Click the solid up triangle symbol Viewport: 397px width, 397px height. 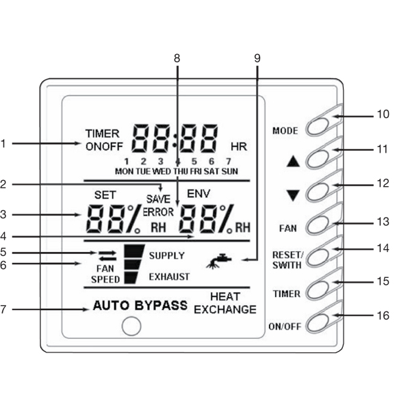click(x=293, y=162)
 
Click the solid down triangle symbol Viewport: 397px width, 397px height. click(x=293, y=195)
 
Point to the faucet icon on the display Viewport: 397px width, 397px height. click(x=219, y=261)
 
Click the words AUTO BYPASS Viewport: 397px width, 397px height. click(x=140, y=305)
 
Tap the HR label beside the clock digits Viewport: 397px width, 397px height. click(x=238, y=146)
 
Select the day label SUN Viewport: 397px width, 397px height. click(x=229, y=171)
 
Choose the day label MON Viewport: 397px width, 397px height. click(x=124, y=171)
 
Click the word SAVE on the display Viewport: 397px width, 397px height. click(x=158, y=199)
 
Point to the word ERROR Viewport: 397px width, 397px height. click(x=158, y=212)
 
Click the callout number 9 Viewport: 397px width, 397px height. click(x=257, y=58)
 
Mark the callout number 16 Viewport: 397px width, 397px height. click(x=383, y=316)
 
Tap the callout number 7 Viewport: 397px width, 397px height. click(x=3, y=309)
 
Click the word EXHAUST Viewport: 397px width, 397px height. click(x=169, y=277)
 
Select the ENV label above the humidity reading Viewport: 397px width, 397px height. click(x=198, y=194)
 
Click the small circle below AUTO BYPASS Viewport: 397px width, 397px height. click(x=131, y=326)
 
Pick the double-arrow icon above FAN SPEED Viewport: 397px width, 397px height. click(x=107, y=256)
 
